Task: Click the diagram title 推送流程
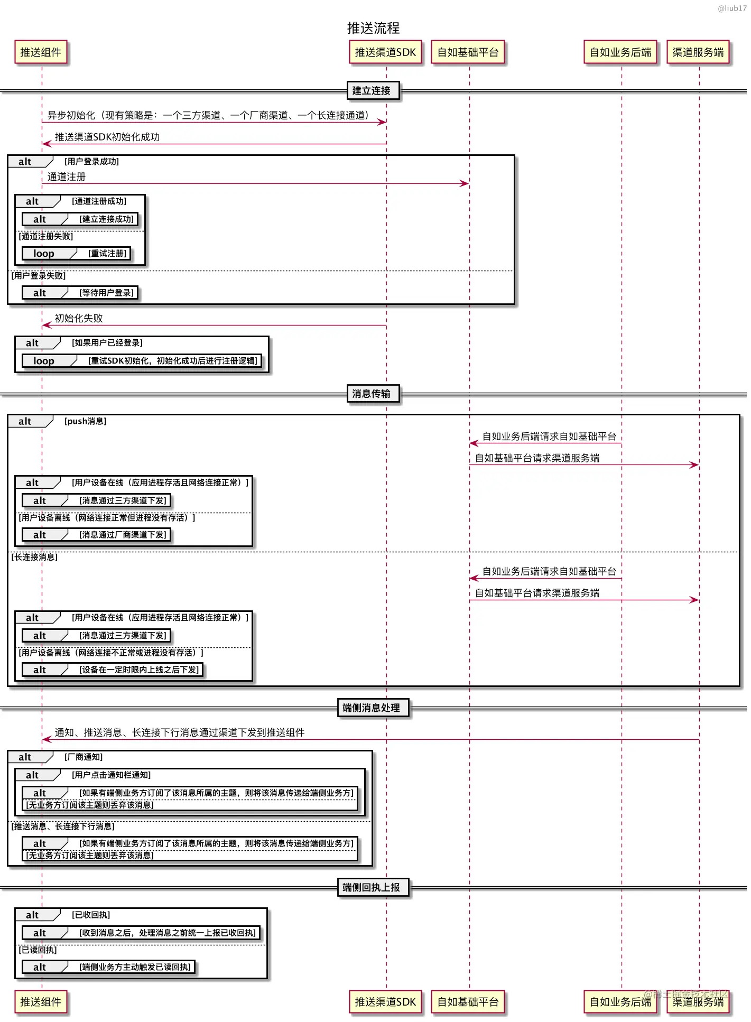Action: click(x=373, y=28)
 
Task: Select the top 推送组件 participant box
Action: click(x=41, y=52)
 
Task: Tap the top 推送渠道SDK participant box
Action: click(x=385, y=52)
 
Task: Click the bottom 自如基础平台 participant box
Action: click(x=468, y=1001)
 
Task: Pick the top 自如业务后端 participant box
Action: click(x=620, y=52)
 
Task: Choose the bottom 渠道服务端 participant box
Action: click(x=698, y=1001)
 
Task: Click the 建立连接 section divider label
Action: click(x=372, y=90)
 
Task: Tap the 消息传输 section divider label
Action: click(x=372, y=394)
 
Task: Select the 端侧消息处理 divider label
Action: click(x=372, y=708)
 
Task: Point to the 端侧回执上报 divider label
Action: click(x=372, y=887)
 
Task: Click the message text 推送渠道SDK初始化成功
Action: click(x=107, y=137)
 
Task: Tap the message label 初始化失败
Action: click(x=79, y=318)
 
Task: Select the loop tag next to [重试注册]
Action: click(x=44, y=254)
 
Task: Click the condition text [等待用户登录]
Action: click(x=107, y=293)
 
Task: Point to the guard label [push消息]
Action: click(x=86, y=421)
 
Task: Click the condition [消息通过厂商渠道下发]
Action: click(x=123, y=535)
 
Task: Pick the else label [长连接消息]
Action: click(x=35, y=557)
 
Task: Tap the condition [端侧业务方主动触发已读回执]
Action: click(x=135, y=967)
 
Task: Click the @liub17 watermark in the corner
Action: click(x=732, y=8)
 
